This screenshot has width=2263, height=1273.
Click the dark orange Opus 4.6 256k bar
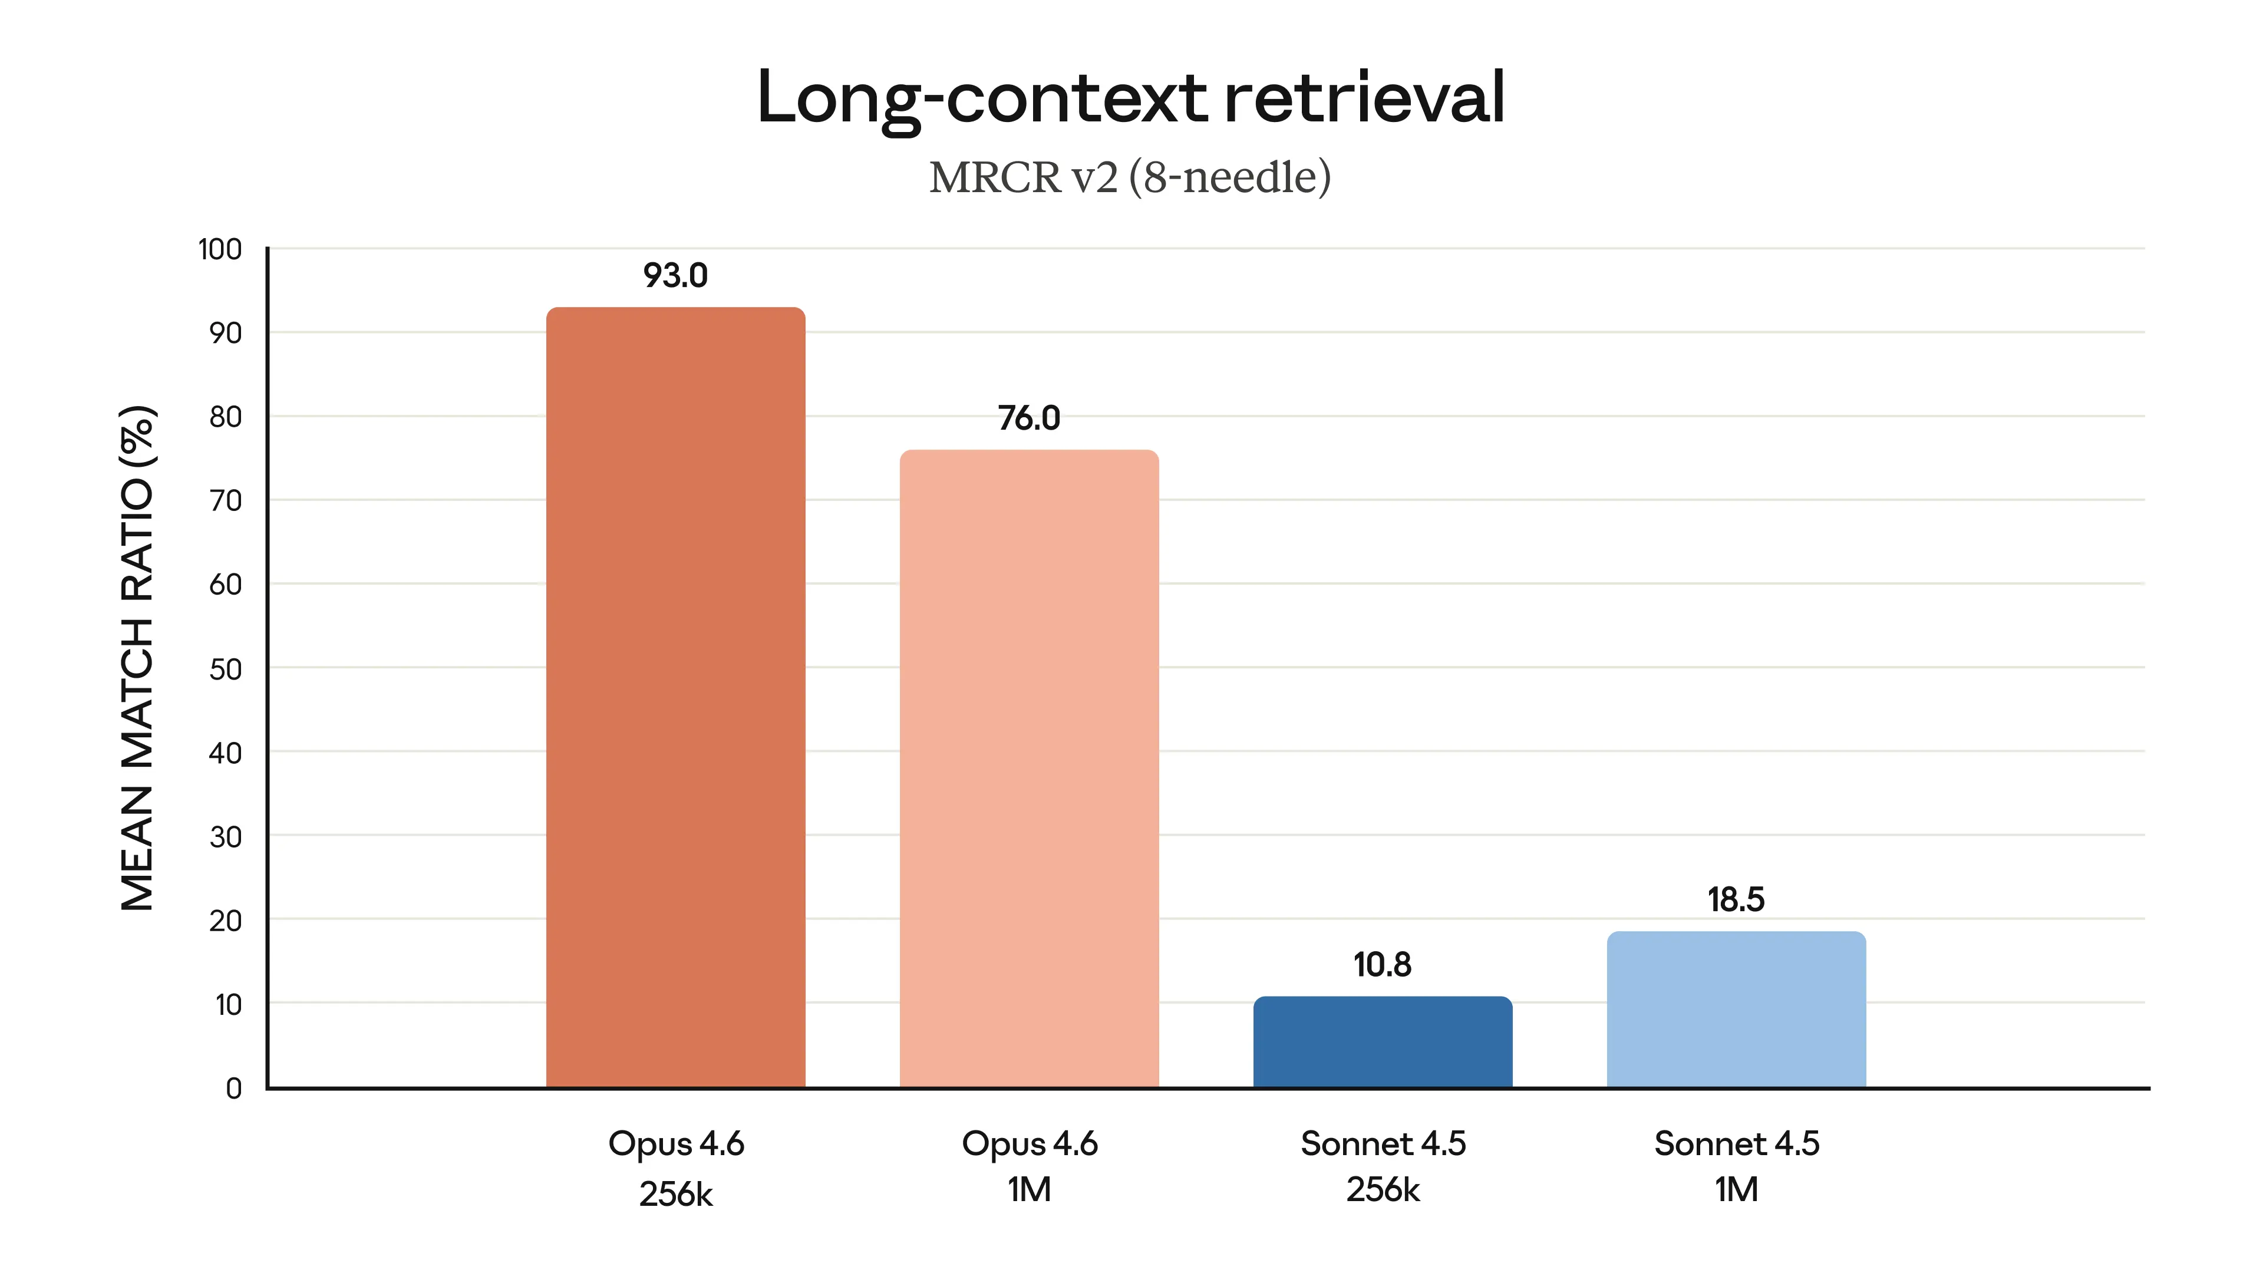[x=675, y=698]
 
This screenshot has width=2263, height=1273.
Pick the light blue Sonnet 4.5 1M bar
[x=1736, y=1010]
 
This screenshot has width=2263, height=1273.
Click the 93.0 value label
[x=675, y=276]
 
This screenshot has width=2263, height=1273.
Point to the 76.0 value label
[x=1029, y=418]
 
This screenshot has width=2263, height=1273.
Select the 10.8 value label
[x=1382, y=965]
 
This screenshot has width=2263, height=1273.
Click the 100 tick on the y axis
[x=220, y=249]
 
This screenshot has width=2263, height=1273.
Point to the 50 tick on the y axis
[x=225, y=670]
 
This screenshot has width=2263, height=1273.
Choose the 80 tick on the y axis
[x=225, y=417]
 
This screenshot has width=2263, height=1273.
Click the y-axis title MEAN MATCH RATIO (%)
[x=138, y=659]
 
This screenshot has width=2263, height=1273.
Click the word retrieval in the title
[x=1364, y=97]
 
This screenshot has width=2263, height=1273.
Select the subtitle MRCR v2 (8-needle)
[x=1130, y=177]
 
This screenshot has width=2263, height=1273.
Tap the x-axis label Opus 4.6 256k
[x=675, y=1168]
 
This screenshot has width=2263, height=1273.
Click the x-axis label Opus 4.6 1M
[x=1029, y=1166]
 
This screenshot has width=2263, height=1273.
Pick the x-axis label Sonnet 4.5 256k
[x=1383, y=1166]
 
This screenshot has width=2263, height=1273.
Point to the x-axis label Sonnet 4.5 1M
[x=1736, y=1166]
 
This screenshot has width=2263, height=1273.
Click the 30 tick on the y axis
[x=225, y=837]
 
